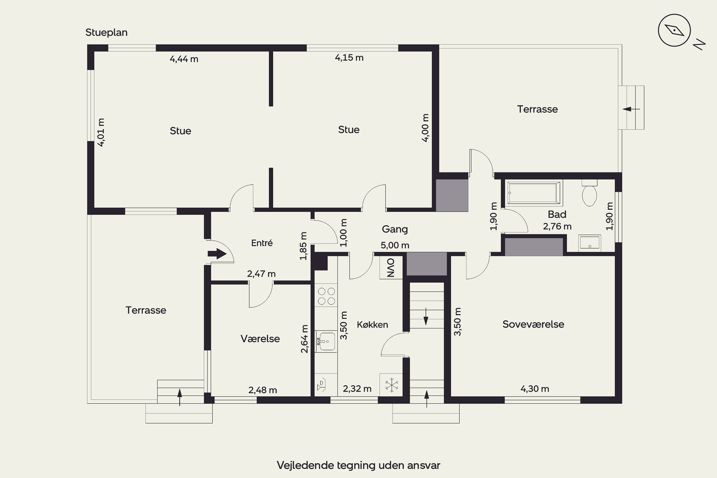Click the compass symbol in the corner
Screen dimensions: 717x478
[674, 30]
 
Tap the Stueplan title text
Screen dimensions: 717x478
[106, 33]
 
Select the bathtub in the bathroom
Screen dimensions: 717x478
[533, 193]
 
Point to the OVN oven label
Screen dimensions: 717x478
[391, 268]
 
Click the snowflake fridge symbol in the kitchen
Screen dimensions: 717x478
[391, 385]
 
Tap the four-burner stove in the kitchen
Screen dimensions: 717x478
[326, 296]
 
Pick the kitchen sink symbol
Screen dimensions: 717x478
[326, 342]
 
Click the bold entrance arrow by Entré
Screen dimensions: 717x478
[217, 254]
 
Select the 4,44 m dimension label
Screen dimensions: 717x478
[184, 59]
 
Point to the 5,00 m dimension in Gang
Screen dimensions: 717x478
[395, 245]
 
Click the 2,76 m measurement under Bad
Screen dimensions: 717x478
[557, 227]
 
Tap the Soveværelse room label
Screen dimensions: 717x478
[533, 324]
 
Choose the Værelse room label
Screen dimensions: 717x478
[260, 339]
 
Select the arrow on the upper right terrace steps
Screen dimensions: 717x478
[631, 109]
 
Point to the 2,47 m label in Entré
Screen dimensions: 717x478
[261, 274]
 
